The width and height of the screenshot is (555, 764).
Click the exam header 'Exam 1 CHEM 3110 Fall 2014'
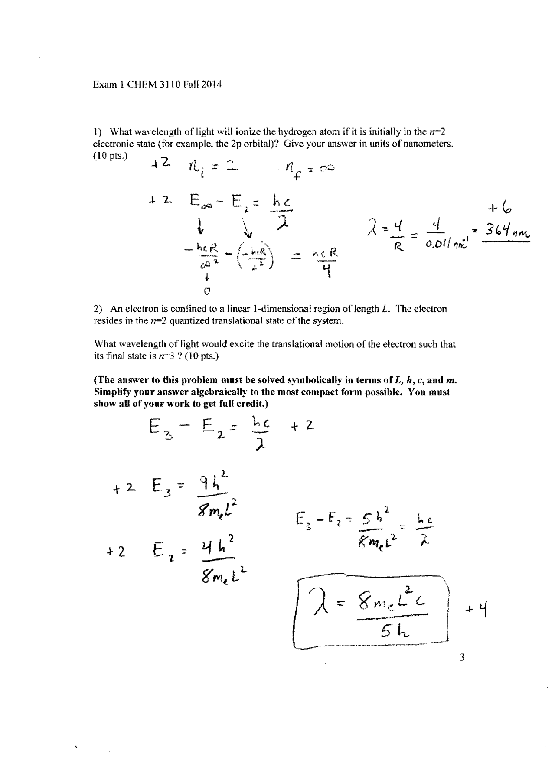pos(157,85)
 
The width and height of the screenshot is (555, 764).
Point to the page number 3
pos(462,657)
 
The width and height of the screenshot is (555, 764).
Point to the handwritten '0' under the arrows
pos(207,291)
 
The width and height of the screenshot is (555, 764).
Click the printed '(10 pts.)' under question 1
pos(111,156)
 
